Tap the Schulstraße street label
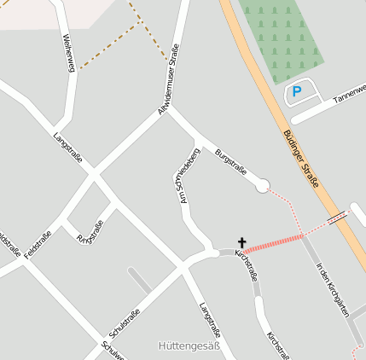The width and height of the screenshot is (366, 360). [125, 322]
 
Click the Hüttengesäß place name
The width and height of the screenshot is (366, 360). [189, 346]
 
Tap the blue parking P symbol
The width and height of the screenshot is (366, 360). [296, 91]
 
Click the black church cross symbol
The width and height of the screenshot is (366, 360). [241, 244]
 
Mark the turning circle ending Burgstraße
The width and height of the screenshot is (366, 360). [262, 185]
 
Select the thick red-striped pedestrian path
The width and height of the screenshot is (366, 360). [274, 242]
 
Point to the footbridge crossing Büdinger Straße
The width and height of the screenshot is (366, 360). [338, 218]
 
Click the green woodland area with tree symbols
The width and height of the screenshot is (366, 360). [281, 38]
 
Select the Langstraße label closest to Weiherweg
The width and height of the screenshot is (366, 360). [68, 148]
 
